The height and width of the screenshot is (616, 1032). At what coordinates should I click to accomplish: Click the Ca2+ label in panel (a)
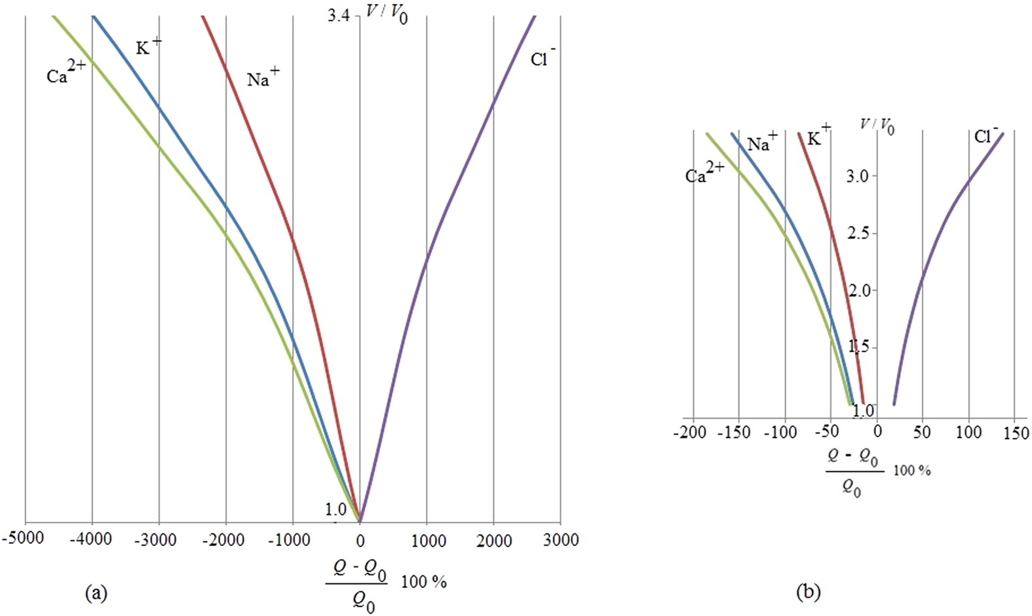(x=66, y=73)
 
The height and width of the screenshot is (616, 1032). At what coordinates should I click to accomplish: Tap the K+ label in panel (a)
(x=148, y=46)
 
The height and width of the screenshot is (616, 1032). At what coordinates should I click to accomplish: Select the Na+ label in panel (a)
(x=263, y=78)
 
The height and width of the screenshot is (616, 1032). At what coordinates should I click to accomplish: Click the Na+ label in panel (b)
(x=762, y=141)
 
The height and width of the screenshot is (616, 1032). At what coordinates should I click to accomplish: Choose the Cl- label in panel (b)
(x=985, y=135)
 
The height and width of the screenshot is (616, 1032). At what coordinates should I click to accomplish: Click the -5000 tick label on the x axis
(x=24, y=539)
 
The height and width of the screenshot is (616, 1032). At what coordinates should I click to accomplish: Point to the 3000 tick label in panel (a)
(x=561, y=540)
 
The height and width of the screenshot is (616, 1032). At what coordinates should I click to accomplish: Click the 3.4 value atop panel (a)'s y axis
(x=339, y=14)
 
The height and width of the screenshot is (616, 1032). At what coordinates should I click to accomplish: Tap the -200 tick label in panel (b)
(x=690, y=433)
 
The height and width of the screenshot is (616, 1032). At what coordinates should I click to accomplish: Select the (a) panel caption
(x=96, y=593)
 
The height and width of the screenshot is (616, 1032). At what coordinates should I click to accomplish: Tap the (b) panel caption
(x=807, y=592)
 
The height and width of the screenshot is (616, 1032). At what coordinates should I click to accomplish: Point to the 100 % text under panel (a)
(x=424, y=581)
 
